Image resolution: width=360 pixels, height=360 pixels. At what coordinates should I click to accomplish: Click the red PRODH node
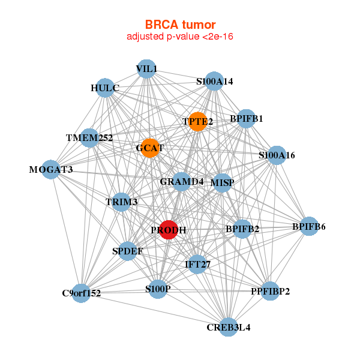coord(169,230)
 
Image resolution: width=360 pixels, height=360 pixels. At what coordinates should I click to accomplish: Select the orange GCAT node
coord(149,148)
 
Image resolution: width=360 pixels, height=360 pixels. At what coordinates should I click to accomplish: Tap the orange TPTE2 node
coord(197,122)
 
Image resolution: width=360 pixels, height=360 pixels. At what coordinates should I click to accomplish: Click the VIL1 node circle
coord(146,69)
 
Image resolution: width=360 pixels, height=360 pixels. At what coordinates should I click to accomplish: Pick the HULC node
coord(105,88)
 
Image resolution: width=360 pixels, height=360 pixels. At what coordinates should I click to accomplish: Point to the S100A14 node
coord(215,81)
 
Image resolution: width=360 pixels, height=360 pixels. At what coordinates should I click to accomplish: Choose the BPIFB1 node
coord(246,118)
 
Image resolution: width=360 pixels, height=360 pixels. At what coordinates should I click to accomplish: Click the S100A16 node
coord(277,155)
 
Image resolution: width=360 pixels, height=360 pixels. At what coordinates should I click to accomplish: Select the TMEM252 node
coord(89,138)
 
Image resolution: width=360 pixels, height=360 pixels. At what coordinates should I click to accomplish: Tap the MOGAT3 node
coord(51,170)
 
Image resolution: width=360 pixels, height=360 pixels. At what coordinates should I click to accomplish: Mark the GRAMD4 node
coord(182,181)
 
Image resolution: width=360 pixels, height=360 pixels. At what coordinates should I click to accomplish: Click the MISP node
coord(223,182)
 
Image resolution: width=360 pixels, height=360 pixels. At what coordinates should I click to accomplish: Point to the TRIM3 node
coord(122,202)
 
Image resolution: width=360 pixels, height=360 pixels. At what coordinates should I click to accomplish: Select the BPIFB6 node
coord(309,226)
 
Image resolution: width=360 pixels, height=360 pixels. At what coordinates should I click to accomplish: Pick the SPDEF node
coord(127,251)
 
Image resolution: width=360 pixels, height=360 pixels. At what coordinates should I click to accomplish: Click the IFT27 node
coord(197,263)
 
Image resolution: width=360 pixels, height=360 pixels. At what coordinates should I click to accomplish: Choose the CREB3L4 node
coord(228,327)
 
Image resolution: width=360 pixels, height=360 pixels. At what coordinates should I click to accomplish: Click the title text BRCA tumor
coord(180,25)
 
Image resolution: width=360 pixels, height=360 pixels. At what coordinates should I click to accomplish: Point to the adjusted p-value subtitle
coord(180,37)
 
